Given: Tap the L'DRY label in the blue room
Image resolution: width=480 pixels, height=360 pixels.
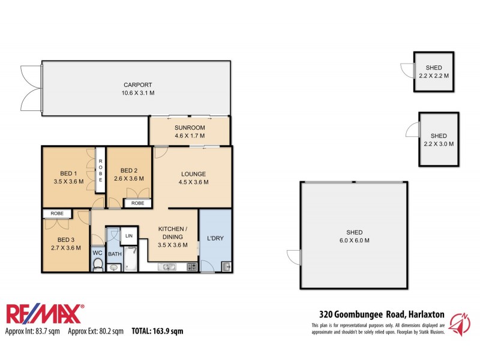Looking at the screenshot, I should coord(215,238).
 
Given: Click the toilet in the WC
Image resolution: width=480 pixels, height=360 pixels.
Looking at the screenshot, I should coord(98,264).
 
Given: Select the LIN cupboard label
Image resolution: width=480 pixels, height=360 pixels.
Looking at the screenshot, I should coord(129,236).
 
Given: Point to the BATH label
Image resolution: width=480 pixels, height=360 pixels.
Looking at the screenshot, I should coord(115,254).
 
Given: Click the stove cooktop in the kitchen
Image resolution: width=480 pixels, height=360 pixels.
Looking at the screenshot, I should coord(192,266).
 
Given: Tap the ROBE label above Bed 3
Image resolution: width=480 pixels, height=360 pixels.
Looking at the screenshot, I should coord(57,213).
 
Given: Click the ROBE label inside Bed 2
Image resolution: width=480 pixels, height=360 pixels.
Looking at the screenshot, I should coord(137,203).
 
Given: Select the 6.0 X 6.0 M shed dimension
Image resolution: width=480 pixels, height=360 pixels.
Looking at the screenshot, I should coord(357,241).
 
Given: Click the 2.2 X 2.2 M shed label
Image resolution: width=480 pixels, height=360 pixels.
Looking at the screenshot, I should coord(434,76).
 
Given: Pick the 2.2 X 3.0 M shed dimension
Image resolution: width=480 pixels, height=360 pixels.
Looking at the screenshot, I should coord(439,143).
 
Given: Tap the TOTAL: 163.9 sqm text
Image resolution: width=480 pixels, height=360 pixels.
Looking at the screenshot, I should coord(157,331).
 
